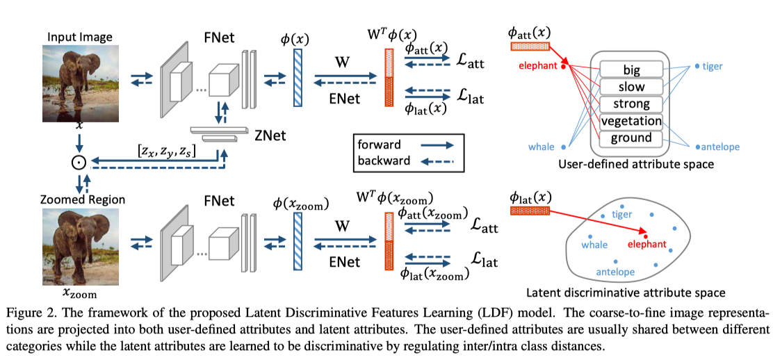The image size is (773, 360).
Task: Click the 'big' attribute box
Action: pos(631,69)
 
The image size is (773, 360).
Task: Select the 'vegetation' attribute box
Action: pos(631,121)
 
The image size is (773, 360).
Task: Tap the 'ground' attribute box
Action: pos(631,138)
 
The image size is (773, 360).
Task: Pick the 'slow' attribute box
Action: pos(631,87)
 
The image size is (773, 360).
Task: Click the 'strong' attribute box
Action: pos(631,104)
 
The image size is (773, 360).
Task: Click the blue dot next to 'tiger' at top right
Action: pos(697,67)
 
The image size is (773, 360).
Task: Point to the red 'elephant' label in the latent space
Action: pos(646,245)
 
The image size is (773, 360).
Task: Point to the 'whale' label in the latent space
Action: pos(594,245)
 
